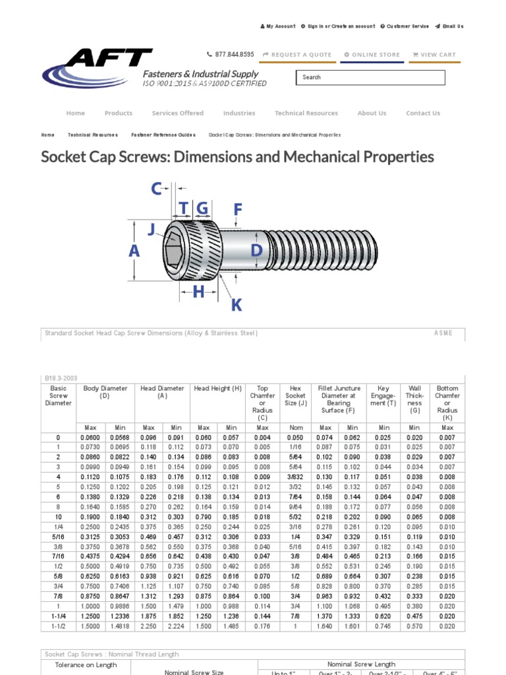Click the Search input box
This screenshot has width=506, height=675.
(370, 78)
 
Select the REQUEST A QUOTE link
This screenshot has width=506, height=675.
(296, 55)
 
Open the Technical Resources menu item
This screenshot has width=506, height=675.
(306, 113)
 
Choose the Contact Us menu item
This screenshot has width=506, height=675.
(422, 113)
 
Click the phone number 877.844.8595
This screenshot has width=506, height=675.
(230, 55)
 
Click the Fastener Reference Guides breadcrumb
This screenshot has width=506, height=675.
(163, 135)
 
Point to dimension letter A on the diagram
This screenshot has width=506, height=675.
(134, 251)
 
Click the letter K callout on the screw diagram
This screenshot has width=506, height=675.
(236, 305)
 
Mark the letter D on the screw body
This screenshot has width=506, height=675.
(257, 250)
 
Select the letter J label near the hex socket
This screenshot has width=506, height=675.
(152, 229)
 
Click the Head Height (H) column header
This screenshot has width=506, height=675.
(217, 389)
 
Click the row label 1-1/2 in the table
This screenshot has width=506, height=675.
(57, 626)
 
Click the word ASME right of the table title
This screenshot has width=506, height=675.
(443, 334)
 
